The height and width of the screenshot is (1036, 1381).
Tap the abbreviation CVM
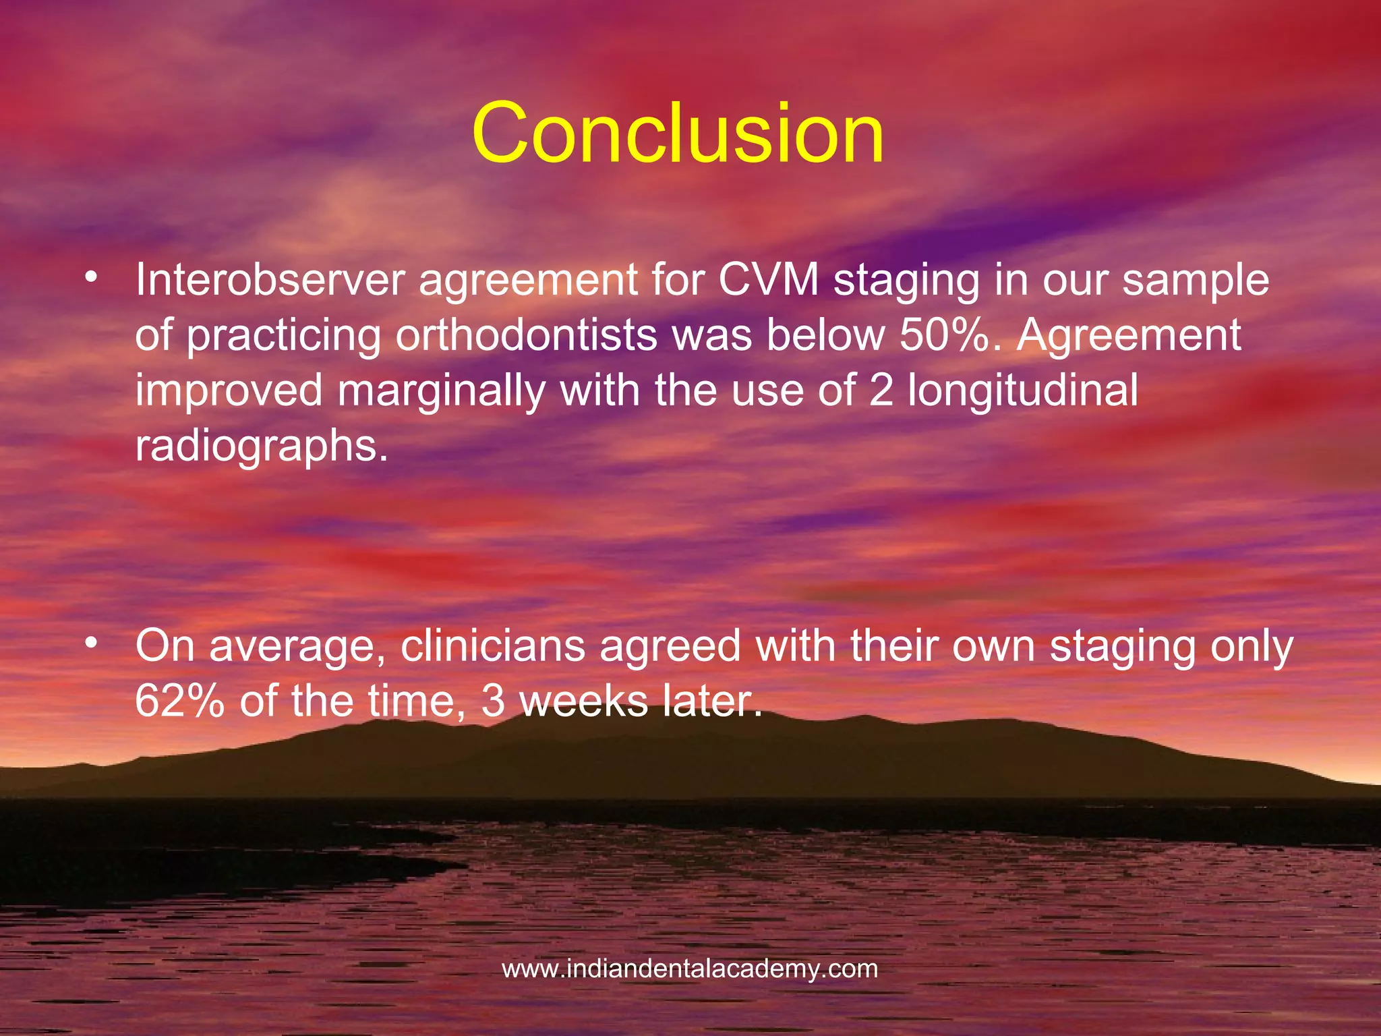[767, 280]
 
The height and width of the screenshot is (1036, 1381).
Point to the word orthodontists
[525, 335]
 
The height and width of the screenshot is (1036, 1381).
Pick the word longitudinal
[1023, 391]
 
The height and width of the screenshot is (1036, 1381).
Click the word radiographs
[262, 447]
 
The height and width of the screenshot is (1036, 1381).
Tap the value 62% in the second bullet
[179, 701]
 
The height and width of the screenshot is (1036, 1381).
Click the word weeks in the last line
[583, 701]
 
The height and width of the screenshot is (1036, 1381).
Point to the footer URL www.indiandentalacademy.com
[690, 969]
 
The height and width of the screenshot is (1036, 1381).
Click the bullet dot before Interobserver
[92, 278]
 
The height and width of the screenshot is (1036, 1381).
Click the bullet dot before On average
[92, 643]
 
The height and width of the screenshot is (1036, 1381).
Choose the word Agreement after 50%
[1129, 335]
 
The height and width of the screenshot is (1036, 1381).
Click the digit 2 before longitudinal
[881, 391]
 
